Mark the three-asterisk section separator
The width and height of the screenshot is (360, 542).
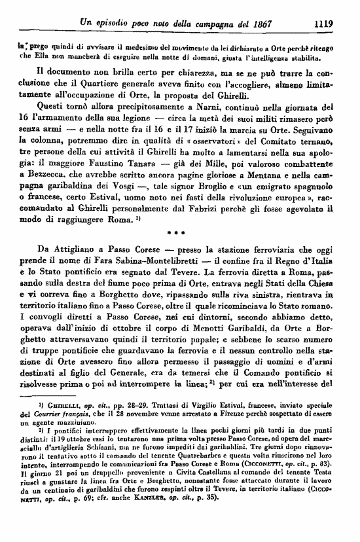(179, 250)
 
